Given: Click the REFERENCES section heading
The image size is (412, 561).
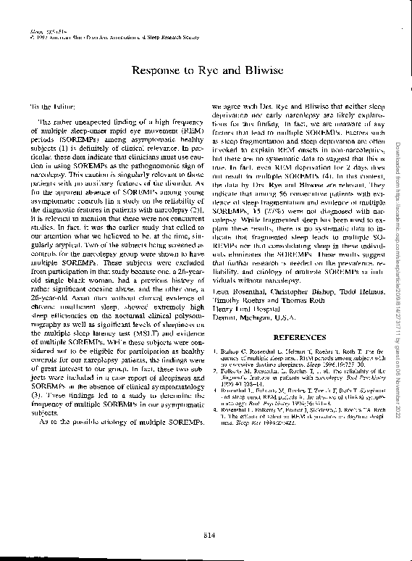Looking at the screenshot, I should coord(296,337).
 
